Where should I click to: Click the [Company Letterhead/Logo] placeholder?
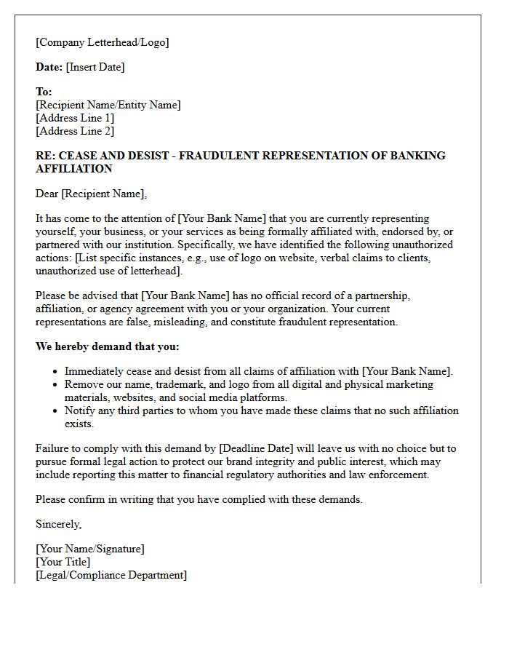click(x=102, y=42)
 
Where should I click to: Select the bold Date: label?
click(x=49, y=67)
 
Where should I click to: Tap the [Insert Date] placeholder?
click(x=95, y=67)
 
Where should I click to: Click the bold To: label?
click(x=44, y=92)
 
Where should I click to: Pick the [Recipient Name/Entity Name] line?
click(x=108, y=105)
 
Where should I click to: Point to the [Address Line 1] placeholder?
click(x=75, y=118)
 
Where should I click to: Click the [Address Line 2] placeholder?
click(x=75, y=131)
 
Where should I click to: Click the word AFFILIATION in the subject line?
click(x=74, y=169)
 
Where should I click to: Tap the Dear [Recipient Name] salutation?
click(x=91, y=194)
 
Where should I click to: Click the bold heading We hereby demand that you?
click(x=107, y=346)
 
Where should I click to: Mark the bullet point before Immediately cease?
click(x=56, y=372)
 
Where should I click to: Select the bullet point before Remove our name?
click(x=56, y=385)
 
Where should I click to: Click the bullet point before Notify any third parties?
click(x=56, y=411)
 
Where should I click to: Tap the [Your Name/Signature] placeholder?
click(x=89, y=549)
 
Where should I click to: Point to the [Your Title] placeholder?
click(x=63, y=562)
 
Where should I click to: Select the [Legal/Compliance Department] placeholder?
click(x=111, y=575)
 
